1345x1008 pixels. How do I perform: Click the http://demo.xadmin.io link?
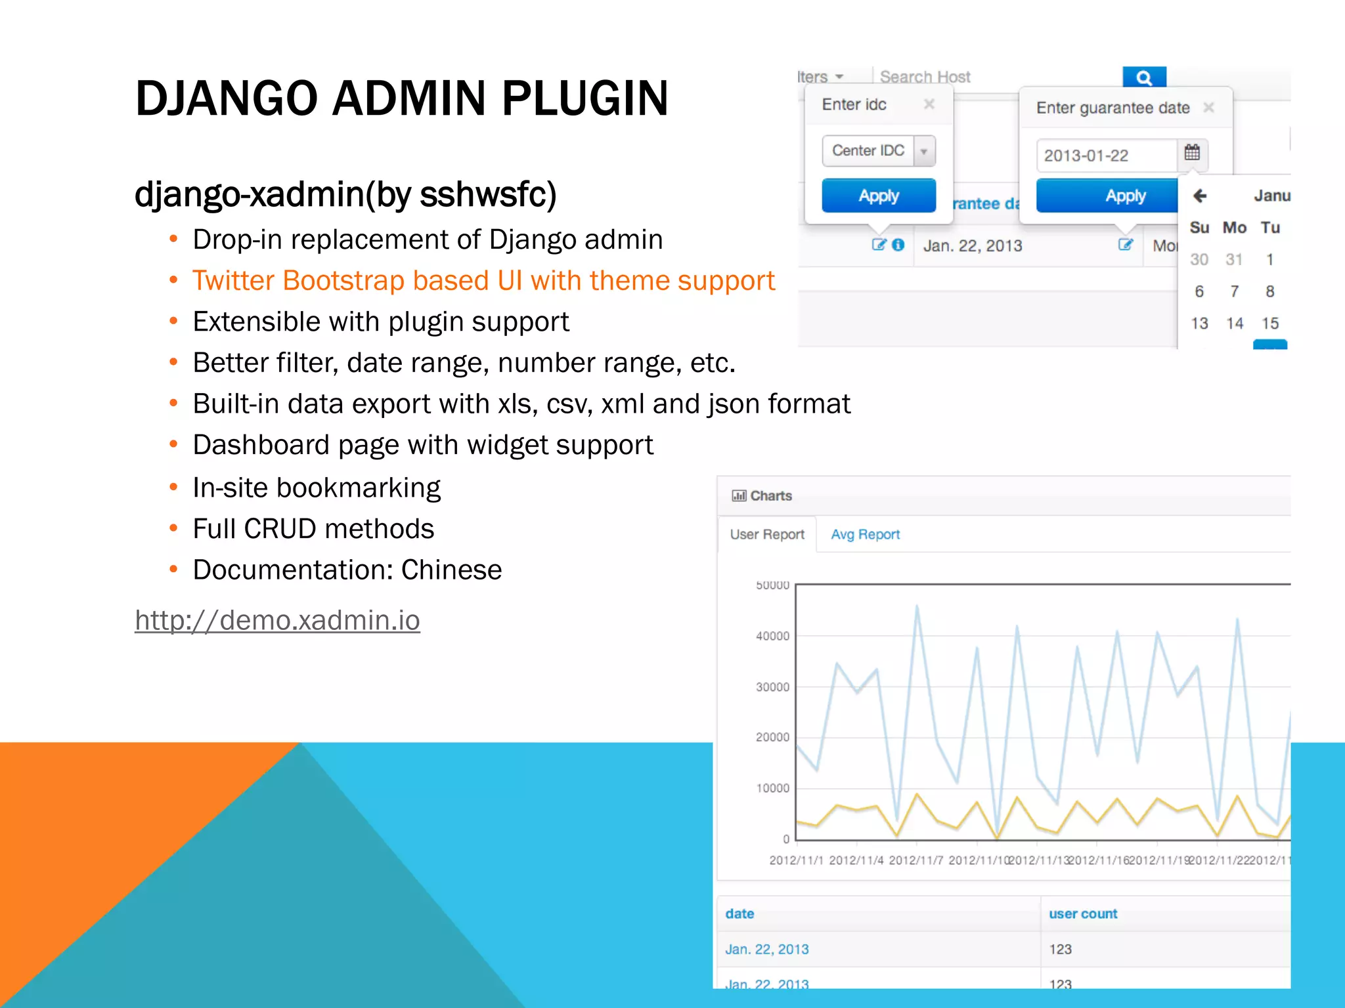click(277, 620)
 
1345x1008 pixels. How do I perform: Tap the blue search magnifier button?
click(1144, 77)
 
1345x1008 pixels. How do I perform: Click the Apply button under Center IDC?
click(878, 196)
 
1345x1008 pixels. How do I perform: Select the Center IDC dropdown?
click(878, 151)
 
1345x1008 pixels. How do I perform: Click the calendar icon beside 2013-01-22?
click(1192, 154)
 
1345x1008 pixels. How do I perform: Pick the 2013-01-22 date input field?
click(1107, 156)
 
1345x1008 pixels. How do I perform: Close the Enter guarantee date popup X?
click(1208, 107)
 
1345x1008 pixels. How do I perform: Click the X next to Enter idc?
click(929, 104)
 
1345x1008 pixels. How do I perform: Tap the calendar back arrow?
click(1200, 196)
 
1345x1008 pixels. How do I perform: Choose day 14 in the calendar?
click(1235, 324)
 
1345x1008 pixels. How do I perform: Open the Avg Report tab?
click(865, 534)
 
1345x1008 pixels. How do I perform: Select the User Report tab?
click(767, 534)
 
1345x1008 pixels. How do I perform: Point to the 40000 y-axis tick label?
click(772, 636)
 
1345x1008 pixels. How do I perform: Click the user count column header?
click(1083, 913)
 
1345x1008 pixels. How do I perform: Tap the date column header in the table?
click(739, 913)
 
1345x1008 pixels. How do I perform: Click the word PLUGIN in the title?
click(584, 98)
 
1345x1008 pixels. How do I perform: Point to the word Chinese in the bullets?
click(451, 570)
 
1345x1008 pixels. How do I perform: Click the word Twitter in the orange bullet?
click(233, 281)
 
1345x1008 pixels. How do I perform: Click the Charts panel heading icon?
click(739, 495)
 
